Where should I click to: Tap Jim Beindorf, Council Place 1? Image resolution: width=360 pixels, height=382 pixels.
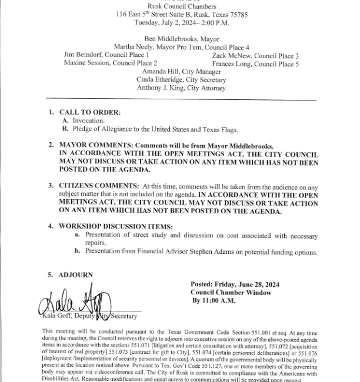(x=105, y=55)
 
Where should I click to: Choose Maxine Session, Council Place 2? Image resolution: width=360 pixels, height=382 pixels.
(x=110, y=63)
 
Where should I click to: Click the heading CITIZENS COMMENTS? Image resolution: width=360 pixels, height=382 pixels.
(x=98, y=185)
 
